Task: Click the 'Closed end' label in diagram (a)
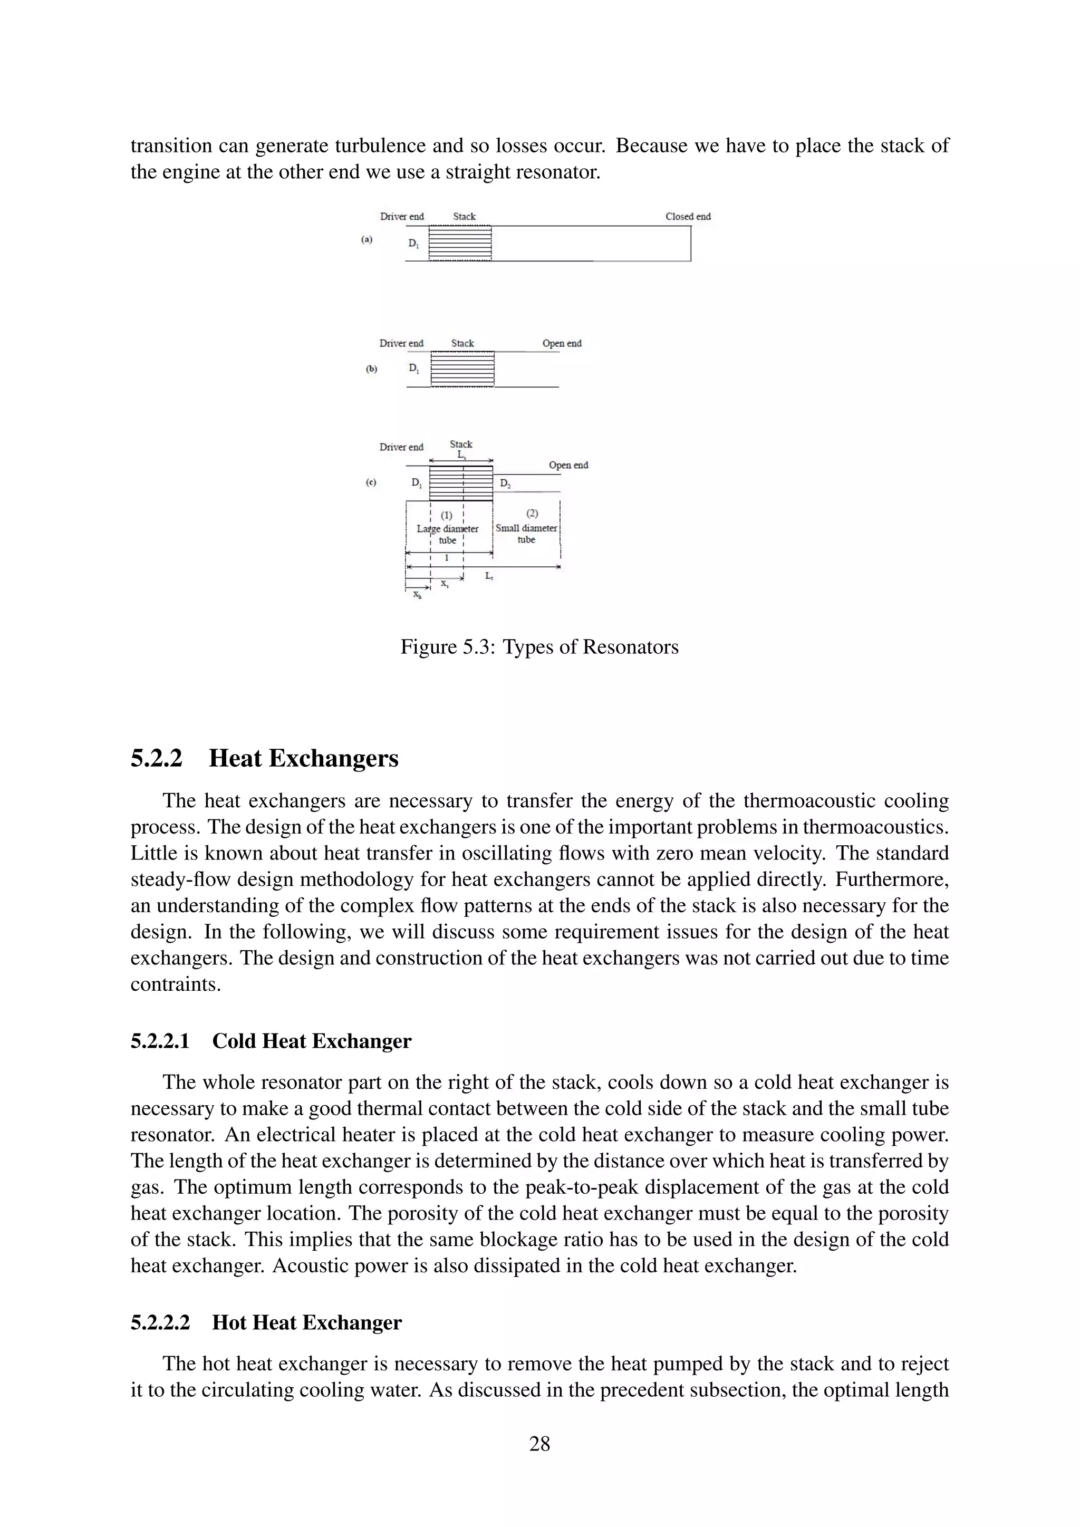click(688, 216)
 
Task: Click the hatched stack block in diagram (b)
click(462, 369)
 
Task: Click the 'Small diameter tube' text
click(526, 534)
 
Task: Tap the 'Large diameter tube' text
click(448, 534)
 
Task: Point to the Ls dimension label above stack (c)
click(461, 455)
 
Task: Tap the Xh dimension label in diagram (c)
click(417, 595)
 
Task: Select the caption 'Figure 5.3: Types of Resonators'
click(539, 646)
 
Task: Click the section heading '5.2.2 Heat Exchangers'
click(264, 758)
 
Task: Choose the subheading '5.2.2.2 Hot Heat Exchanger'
click(266, 1323)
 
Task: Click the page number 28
click(539, 1443)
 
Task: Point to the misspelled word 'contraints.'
click(175, 984)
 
